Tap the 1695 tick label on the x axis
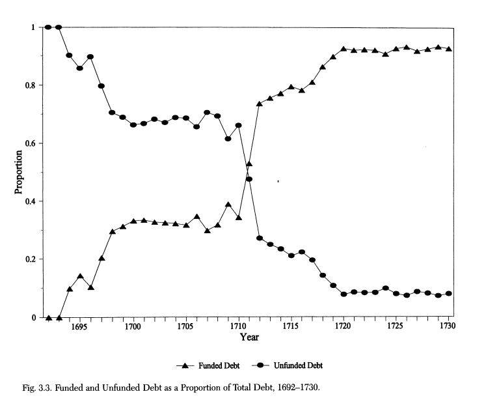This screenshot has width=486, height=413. coord(80,326)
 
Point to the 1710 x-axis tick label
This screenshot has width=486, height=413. coord(238,326)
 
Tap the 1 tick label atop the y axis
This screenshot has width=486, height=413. coord(33,27)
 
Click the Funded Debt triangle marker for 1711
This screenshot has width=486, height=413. coord(249,164)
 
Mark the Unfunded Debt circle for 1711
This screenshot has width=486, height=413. coord(249,179)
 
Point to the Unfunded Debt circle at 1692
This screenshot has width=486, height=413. coord(48,27)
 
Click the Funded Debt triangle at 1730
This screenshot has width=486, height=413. coord(449,49)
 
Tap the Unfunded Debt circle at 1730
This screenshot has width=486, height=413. coord(449,294)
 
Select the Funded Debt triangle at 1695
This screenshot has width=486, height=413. coord(80,276)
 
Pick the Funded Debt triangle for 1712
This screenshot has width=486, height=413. coord(260,104)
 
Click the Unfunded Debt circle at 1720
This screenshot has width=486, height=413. coord(344,294)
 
